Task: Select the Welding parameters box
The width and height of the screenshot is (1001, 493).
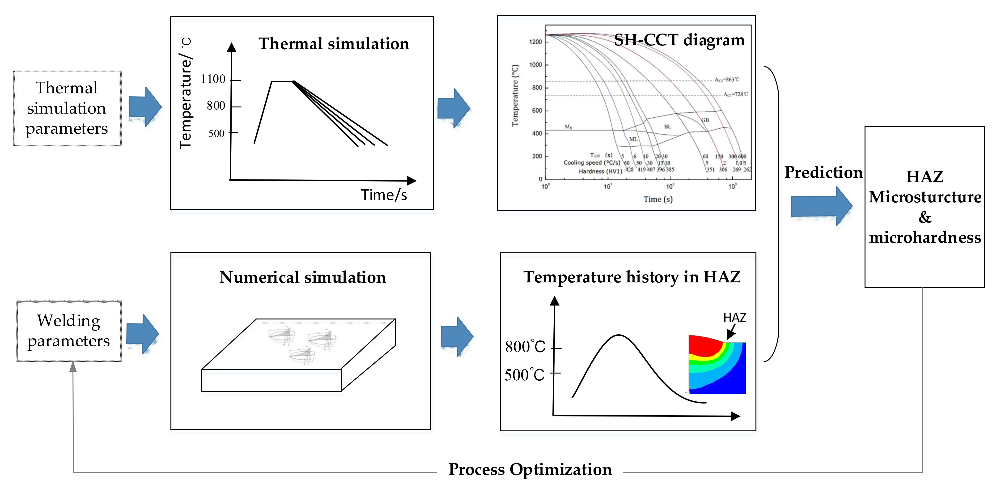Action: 69,331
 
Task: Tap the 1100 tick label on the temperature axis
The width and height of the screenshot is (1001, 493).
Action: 213,79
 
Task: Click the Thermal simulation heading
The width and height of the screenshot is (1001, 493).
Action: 334,43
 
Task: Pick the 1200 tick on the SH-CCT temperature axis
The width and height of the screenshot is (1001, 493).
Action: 535,42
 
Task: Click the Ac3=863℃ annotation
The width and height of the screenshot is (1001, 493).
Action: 727,80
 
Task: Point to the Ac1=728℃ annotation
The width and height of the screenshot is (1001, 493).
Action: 735,94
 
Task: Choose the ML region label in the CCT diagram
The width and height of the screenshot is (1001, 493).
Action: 633,139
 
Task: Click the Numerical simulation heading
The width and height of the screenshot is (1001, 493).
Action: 302,277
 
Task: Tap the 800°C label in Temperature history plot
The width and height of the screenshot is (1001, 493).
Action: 525,347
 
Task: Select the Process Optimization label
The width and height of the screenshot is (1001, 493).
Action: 530,470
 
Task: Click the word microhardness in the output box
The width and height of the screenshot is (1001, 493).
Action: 925,237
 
